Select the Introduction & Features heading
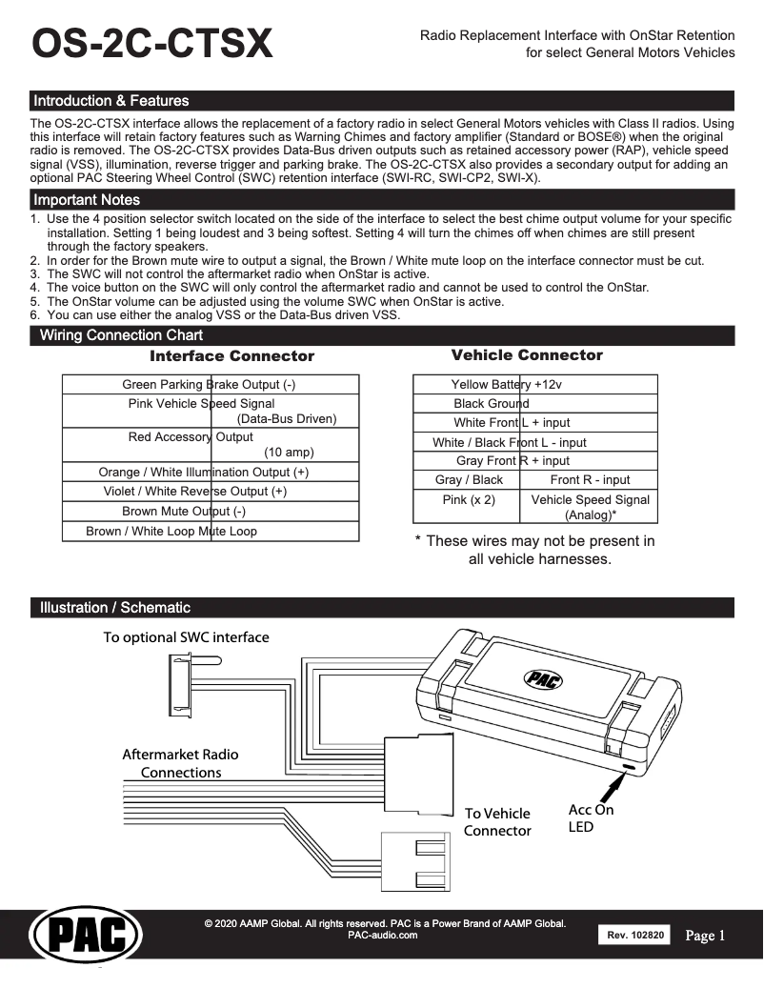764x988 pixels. (111, 101)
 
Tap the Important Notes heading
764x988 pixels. (87, 200)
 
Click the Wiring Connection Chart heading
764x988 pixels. (121, 335)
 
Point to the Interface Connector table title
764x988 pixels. (231, 356)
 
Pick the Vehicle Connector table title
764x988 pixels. (527, 355)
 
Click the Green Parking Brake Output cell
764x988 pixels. (211, 384)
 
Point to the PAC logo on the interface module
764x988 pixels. (543, 678)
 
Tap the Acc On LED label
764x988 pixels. (591, 818)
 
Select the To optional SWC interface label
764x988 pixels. (187, 636)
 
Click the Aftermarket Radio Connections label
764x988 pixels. (181, 763)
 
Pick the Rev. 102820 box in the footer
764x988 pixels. (634, 936)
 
